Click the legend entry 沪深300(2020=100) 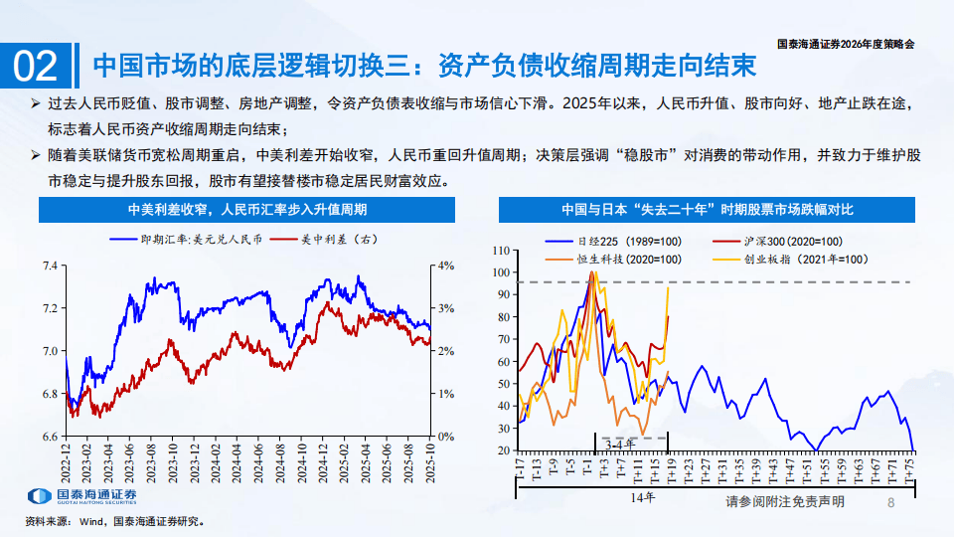pyautogui.click(x=791, y=242)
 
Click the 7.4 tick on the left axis pyautogui.click(x=48, y=266)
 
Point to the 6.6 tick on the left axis pyautogui.click(x=48, y=437)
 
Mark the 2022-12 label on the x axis pyautogui.click(x=66, y=459)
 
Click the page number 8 pyautogui.click(x=891, y=503)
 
